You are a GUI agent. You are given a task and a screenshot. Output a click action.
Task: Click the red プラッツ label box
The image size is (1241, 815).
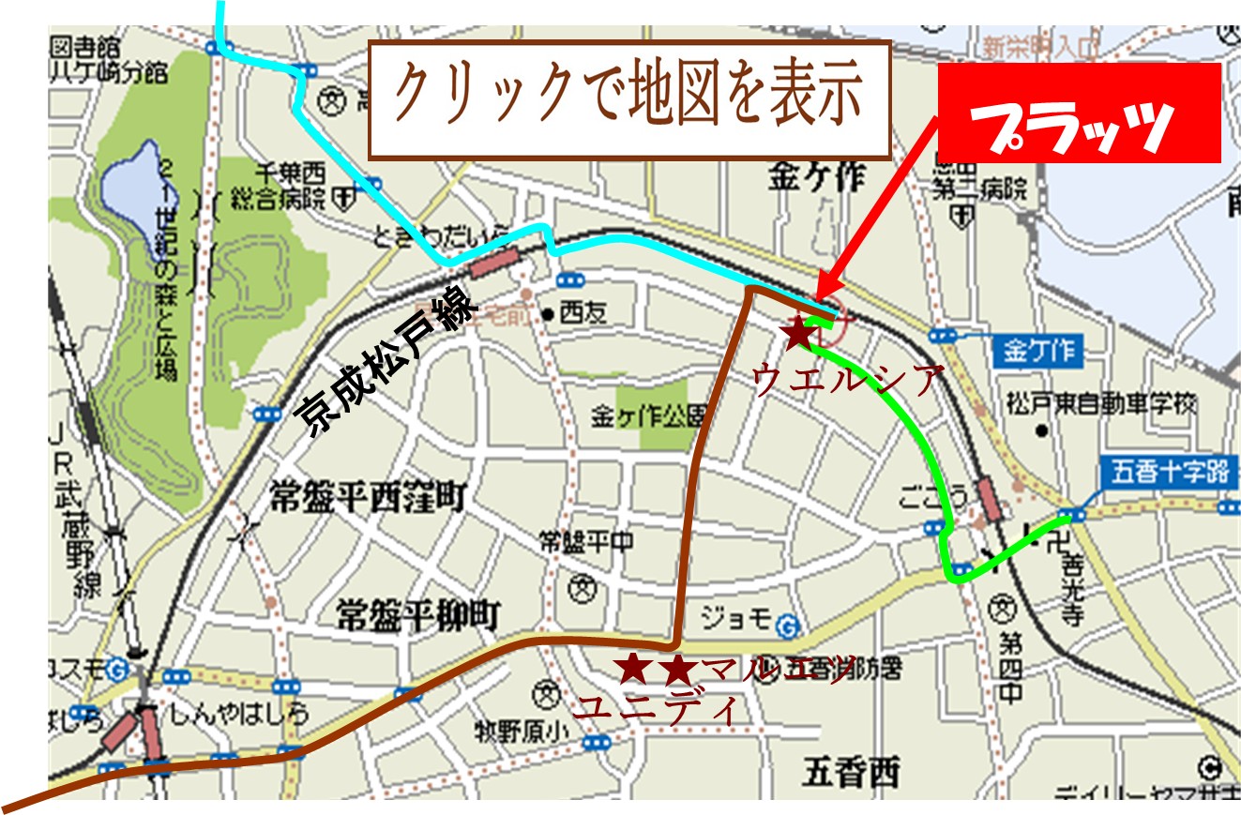click(1079, 113)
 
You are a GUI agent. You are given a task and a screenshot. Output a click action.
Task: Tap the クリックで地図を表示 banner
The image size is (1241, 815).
click(629, 98)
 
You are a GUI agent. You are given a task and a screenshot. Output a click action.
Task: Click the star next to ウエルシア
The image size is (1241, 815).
click(798, 333)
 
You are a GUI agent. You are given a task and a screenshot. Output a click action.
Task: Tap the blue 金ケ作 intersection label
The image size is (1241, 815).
click(1037, 353)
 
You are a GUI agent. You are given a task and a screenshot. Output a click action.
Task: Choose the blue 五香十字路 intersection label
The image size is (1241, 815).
click(1162, 471)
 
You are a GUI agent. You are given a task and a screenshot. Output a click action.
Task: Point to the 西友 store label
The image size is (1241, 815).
click(583, 313)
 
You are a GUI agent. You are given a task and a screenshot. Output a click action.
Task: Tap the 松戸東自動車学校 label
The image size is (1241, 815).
click(1101, 405)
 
